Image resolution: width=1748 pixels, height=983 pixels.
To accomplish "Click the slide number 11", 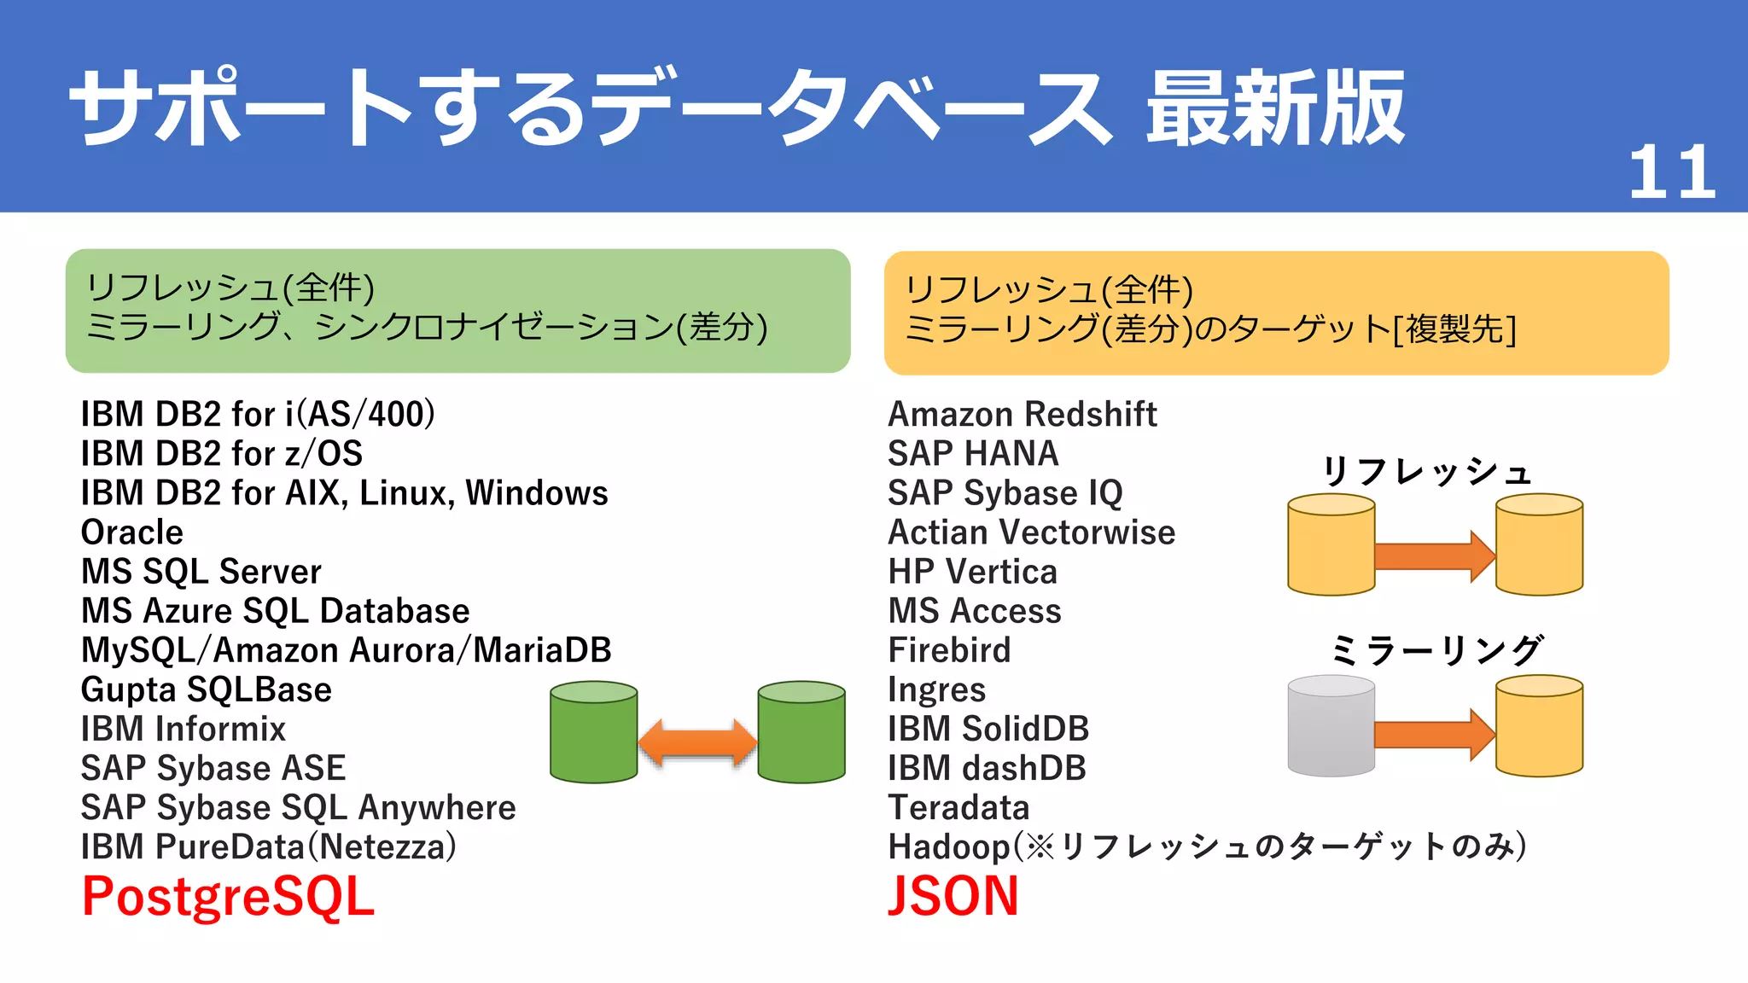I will (x=1671, y=172).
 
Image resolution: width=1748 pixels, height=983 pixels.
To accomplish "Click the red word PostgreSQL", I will (x=228, y=897).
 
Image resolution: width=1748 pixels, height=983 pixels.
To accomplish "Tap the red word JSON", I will (x=953, y=896).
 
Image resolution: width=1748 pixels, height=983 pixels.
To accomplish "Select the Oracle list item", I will (x=132, y=532).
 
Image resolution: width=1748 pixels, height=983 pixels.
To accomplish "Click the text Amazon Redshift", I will (x=1022, y=415).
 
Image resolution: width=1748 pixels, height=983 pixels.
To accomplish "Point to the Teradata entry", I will (x=958, y=807).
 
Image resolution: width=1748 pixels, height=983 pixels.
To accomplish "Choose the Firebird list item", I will (x=949, y=650).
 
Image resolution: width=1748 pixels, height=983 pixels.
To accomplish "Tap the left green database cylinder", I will (x=594, y=732).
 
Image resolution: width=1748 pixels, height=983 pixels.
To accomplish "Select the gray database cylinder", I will (x=1331, y=726).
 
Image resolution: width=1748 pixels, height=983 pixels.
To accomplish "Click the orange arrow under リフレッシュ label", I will (x=1434, y=555).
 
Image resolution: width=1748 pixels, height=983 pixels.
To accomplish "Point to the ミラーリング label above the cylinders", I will (x=1436, y=651).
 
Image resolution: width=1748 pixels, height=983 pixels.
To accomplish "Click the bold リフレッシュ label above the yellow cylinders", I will (x=1426, y=471).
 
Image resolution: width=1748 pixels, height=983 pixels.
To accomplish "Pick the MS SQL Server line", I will (x=201, y=572).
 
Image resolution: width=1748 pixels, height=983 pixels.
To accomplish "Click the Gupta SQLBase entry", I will (x=206, y=689).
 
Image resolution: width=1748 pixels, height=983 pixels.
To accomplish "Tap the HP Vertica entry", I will (x=972, y=572).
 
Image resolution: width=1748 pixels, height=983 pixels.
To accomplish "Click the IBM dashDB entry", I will (x=987, y=768).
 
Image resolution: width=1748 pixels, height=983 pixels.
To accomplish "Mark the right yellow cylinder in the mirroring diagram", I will (x=1539, y=726).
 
